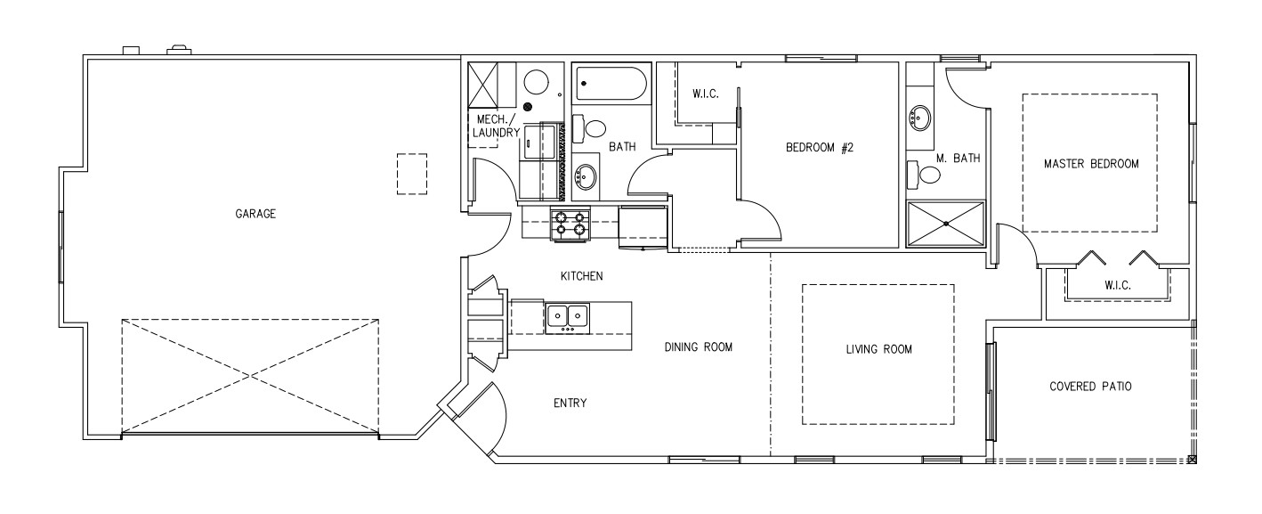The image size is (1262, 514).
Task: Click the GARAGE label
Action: click(255, 214)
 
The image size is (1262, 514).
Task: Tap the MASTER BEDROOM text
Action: click(1091, 164)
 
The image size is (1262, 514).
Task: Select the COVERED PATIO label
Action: click(1090, 387)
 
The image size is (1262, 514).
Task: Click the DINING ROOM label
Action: click(698, 347)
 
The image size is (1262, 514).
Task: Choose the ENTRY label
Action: click(570, 403)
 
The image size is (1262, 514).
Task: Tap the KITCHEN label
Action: click(582, 276)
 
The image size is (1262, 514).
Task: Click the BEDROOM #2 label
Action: click(819, 148)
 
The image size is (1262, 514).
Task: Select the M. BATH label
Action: click(958, 159)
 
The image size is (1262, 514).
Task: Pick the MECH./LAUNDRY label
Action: click(496, 126)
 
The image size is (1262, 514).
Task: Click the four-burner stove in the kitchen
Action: click(570, 223)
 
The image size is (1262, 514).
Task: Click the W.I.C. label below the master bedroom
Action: click(1117, 286)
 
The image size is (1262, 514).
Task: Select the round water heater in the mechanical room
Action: click(536, 83)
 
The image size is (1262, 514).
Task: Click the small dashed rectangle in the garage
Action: click(411, 174)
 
